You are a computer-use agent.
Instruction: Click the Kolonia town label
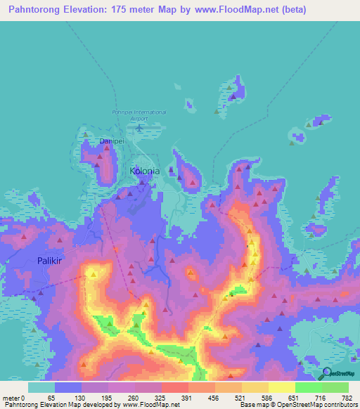(x=145, y=171)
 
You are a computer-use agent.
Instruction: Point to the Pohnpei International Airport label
(x=139, y=115)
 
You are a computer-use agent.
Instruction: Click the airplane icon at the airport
(x=139, y=128)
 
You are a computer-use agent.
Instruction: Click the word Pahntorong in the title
(x=34, y=9)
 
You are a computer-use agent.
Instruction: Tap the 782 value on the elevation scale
(x=347, y=397)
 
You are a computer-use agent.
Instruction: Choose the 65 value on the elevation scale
(x=51, y=397)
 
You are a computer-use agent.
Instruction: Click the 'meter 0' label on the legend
(x=13, y=397)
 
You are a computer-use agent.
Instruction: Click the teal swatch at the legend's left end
(x=41, y=387)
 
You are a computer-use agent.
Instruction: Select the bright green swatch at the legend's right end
(x=335, y=387)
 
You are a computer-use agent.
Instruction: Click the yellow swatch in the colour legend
(x=281, y=387)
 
